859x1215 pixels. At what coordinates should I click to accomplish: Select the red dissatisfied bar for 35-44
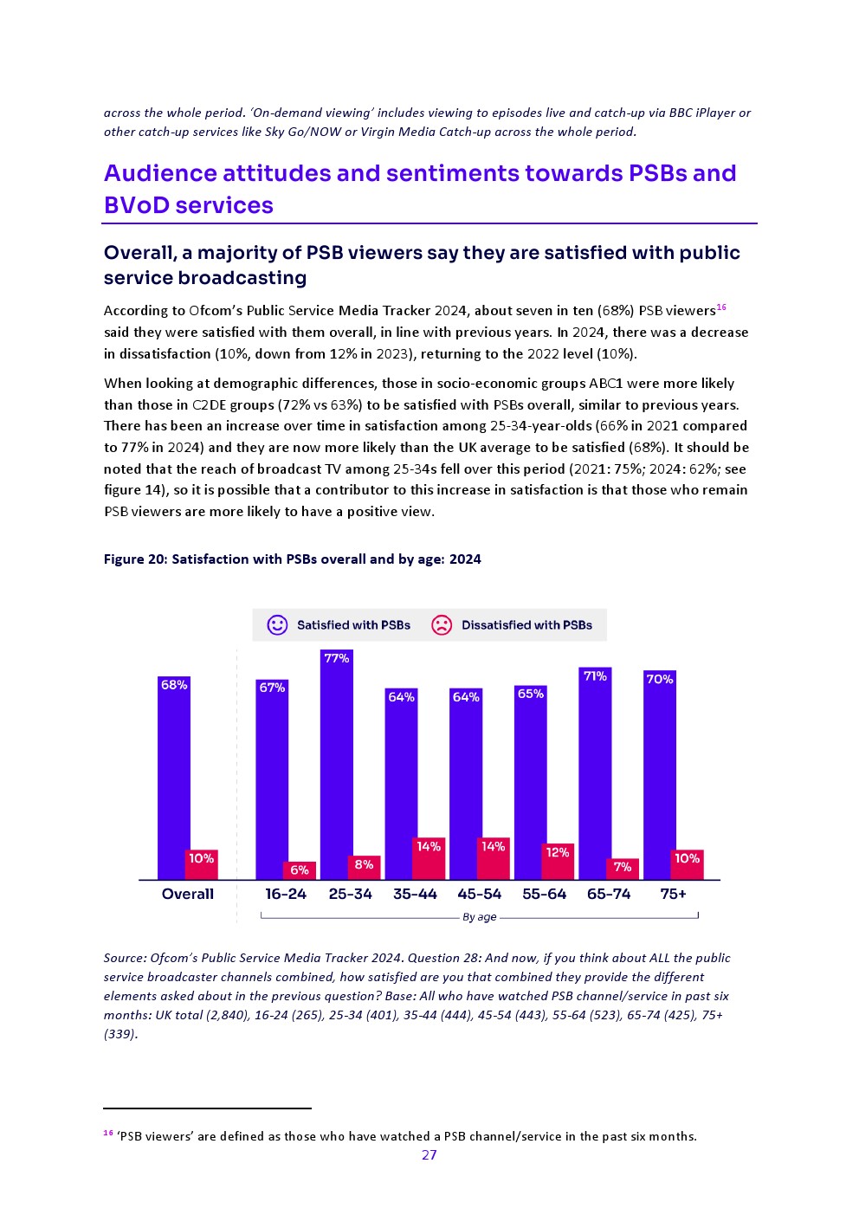pyautogui.click(x=429, y=859)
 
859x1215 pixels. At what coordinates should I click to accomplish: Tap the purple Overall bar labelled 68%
pyautogui.click(x=173, y=779)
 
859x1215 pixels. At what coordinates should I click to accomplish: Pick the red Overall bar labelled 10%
pyautogui.click(x=202, y=865)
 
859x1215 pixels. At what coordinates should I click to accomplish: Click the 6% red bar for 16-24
pyautogui.click(x=300, y=870)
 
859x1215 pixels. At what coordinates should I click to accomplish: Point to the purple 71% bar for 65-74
pyautogui.click(x=595, y=775)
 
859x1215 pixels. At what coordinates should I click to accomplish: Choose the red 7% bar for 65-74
pyautogui.click(x=623, y=869)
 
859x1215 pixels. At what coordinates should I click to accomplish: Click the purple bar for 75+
pyautogui.click(x=659, y=777)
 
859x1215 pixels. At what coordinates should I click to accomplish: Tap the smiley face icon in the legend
pyautogui.click(x=277, y=625)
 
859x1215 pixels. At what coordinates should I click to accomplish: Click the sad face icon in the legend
pyautogui.click(x=442, y=625)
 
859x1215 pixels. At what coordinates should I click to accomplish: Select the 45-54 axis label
pyautogui.click(x=480, y=895)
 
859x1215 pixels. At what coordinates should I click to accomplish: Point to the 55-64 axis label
pyautogui.click(x=544, y=895)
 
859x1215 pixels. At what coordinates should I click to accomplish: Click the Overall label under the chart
pyautogui.click(x=187, y=895)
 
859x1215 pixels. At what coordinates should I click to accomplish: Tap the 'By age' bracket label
pyautogui.click(x=479, y=917)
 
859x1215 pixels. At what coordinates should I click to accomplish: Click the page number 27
pyautogui.click(x=429, y=1155)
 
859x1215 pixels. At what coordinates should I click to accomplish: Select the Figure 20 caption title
pyautogui.click(x=292, y=559)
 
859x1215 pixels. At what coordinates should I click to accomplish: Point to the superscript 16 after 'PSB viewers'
pyautogui.click(x=721, y=307)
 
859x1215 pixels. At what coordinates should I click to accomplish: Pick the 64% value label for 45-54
pyautogui.click(x=466, y=697)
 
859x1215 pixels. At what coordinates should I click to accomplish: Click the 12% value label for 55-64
pyautogui.click(x=558, y=853)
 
